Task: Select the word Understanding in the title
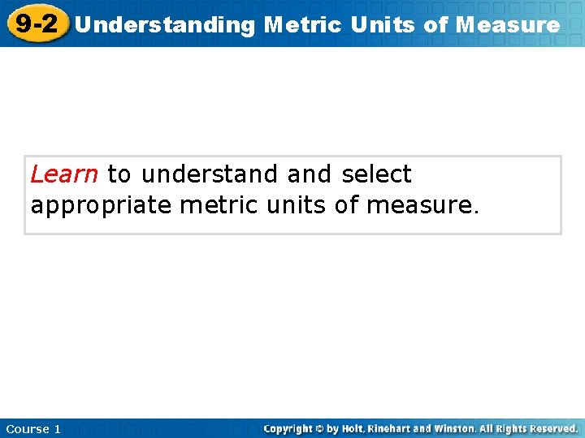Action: point(164,25)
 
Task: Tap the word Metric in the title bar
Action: point(302,25)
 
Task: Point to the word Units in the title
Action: point(383,25)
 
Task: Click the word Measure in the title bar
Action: point(508,25)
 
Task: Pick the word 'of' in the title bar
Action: point(435,25)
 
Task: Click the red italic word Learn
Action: point(64,174)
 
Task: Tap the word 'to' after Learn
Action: point(119,174)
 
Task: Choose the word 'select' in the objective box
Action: point(376,174)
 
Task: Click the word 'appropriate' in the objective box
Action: point(102,205)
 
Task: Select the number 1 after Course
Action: point(57,428)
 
